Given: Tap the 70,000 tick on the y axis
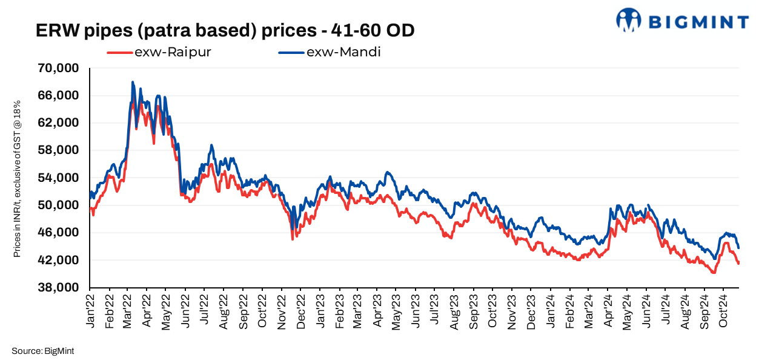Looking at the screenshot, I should tap(59, 68).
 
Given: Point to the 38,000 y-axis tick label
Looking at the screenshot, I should tap(59, 288).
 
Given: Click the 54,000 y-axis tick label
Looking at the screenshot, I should tap(59, 178).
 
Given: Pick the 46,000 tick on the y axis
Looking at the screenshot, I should tap(59, 233).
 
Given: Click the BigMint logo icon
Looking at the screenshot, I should tap(628, 20).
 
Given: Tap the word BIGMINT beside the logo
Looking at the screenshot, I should tap(698, 22).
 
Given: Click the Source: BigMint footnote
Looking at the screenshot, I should tap(42, 350).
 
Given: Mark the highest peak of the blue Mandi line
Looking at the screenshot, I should tap(132, 82).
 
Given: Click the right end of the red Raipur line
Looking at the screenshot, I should tap(738, 263).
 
